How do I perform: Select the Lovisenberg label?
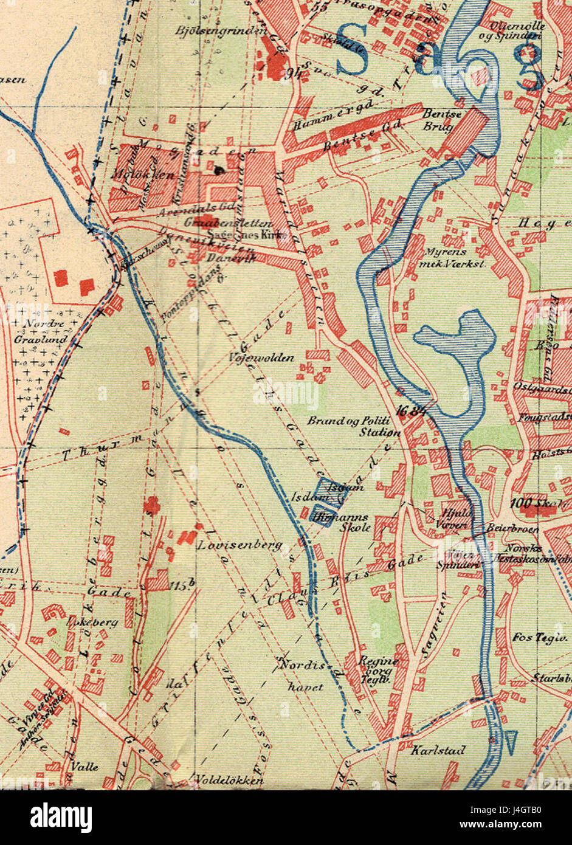[x=239, y=545]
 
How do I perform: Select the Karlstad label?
[x=438, y=751]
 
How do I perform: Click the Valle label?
[x=84, y=767]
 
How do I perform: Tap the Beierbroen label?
[x=505, y=529]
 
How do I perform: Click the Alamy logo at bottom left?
[x=61, y=816]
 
